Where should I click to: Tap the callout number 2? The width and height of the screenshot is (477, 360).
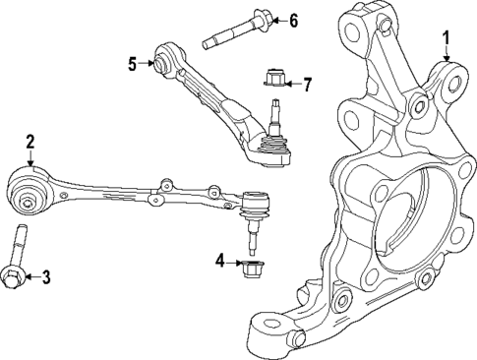click(x=30, y=142)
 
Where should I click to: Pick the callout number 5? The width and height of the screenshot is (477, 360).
click(x=133, y=64)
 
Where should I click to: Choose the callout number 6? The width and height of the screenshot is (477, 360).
click(x=292, y=21)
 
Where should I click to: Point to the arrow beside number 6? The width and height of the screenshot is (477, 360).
click(x=274, y=21)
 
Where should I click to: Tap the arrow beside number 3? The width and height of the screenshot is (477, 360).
click(x=29, y=278)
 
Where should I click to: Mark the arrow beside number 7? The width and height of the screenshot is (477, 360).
click(x=292, y=84)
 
